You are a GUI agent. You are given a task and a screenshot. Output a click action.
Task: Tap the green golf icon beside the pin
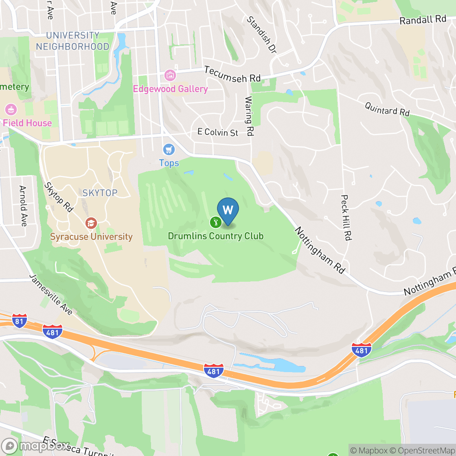(215, 222)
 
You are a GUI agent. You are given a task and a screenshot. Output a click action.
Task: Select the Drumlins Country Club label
(216, 236)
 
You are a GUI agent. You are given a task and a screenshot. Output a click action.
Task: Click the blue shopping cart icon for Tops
(169, 150)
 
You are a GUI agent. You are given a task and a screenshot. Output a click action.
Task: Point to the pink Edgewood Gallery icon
(170, 75)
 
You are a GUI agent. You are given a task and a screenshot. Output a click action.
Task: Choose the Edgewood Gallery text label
(171, 89)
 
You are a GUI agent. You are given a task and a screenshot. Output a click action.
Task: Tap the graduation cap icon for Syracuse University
(91, 223)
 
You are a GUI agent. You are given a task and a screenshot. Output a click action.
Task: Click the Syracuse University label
(91, 237)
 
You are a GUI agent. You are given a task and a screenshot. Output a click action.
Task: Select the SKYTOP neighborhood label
(100, 193)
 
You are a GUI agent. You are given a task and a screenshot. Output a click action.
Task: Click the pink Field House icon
(10, 110)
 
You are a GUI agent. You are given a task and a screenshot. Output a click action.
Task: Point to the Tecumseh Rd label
(232, 74)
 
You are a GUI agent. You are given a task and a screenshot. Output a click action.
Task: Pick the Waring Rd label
(249, 116)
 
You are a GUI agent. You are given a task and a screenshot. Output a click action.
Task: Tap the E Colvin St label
(218, 132)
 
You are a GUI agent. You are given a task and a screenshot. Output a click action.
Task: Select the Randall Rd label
(423, 20)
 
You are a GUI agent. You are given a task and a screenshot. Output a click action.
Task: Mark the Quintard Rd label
(387, 109)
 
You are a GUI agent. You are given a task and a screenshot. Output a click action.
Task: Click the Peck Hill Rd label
(346, 217)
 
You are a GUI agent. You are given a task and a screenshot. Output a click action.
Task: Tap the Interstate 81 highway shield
(20, 320)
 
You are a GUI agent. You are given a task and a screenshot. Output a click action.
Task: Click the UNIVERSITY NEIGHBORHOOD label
(72, 41)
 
